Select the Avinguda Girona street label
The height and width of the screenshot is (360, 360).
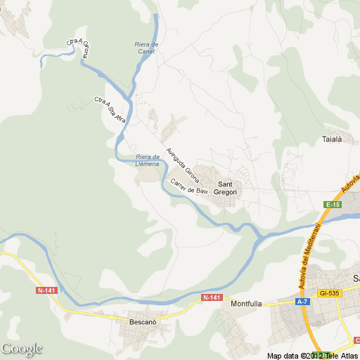point(183,163)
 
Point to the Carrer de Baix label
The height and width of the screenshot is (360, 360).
point(189,187)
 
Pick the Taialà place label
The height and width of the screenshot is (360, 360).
point(331,139)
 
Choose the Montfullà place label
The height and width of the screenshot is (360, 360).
point(246,304)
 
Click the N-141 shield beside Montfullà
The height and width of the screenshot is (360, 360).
point(212,298)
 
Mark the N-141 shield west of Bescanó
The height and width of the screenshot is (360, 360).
point(47,290)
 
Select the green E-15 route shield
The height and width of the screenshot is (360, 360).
point(333,204)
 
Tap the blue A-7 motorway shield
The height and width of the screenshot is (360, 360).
point(302,302)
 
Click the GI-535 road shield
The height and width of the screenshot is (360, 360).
point(328,292)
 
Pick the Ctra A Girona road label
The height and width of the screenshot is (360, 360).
point(79,46)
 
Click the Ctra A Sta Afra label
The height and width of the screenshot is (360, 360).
point(109,110)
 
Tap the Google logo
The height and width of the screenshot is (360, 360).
point(22,349)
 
